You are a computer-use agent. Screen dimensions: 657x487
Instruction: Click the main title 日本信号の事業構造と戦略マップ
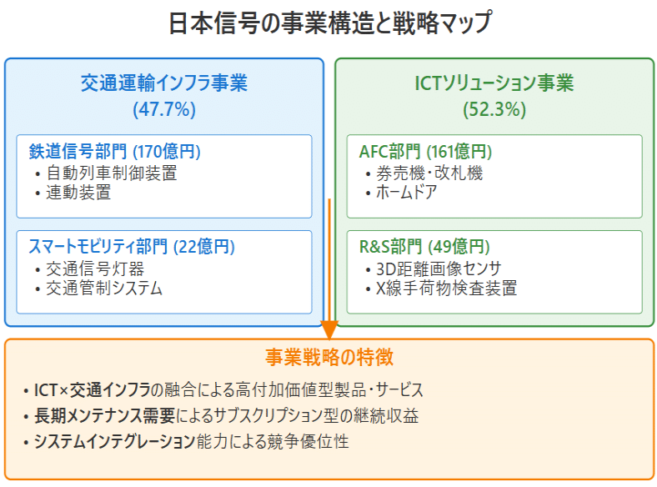pos(330,23)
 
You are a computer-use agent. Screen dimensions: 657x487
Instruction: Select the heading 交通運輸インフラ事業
pos(164,83)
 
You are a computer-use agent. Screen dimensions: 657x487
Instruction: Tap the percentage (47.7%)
pos(164,109)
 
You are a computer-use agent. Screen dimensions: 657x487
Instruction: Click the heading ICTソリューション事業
pos(494,83)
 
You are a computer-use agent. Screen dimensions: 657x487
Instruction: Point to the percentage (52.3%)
pos(494,109)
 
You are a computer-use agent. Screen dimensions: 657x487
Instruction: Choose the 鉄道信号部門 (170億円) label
pos(115,151)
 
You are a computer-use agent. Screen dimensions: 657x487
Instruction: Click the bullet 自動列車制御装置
pos(112,173)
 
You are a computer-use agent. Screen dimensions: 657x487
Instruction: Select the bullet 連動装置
pos(78,193)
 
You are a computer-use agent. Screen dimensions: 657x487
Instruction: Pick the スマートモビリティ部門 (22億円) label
pos(132,247)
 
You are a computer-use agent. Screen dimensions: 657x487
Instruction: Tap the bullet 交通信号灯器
pos(95,269)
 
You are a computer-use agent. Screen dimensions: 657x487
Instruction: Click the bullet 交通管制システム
pos(104,288)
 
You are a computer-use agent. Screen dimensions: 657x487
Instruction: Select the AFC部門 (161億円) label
pos(425,151)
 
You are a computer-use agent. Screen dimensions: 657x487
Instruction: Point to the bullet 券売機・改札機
pos(429,173)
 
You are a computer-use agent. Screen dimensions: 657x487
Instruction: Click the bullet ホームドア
pos(406,193)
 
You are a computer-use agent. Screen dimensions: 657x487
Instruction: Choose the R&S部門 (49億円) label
pos(424,247)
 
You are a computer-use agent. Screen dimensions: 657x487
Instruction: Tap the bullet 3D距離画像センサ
pos(439,269)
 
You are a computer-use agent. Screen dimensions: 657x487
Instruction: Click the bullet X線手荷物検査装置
pos(447,288)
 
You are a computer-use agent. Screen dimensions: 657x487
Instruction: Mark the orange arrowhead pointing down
pos(329,330)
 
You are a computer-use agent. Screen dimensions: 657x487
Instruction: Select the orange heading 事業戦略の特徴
pos(329,358)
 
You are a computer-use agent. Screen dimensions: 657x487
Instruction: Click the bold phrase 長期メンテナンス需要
pos(105,416)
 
